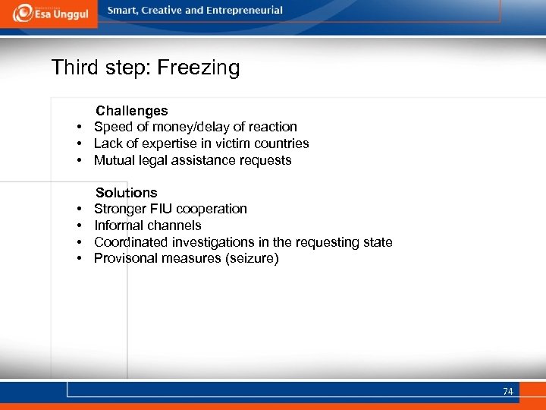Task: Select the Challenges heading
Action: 131,111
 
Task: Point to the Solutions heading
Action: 126,193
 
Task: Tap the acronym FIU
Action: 160,209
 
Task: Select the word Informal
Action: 118,225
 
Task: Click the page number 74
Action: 507,392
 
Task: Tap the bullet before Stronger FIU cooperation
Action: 79,209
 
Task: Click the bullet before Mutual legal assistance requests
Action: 79,160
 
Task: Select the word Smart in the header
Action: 124,11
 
